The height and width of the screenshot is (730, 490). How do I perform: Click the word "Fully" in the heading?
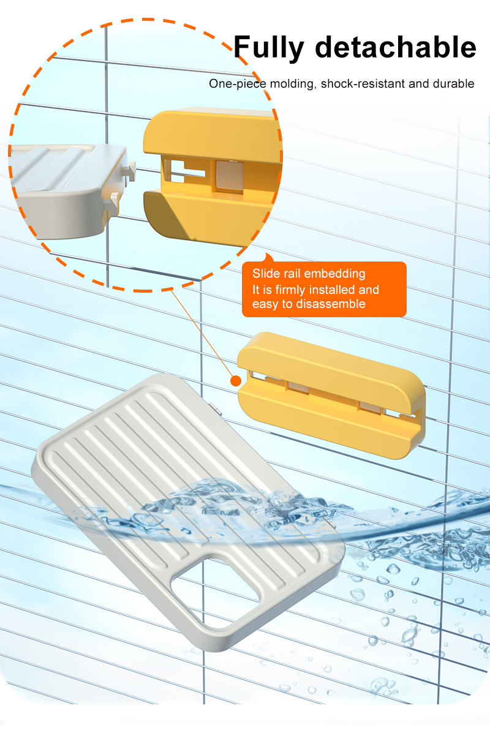tap(268, 48)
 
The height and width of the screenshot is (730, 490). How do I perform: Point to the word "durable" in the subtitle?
tap(453, 84)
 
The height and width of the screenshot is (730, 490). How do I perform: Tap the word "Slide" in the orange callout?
tap(266, 273)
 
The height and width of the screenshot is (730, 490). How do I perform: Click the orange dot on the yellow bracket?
tap(236, 381)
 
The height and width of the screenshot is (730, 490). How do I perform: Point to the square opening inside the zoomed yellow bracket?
tap(228, 175)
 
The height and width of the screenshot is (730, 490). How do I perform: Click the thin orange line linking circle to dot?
tap(203, 333)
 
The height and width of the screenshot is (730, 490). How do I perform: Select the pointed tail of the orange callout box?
tap(268, 257)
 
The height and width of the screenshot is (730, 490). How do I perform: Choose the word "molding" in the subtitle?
tap(292, 85)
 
